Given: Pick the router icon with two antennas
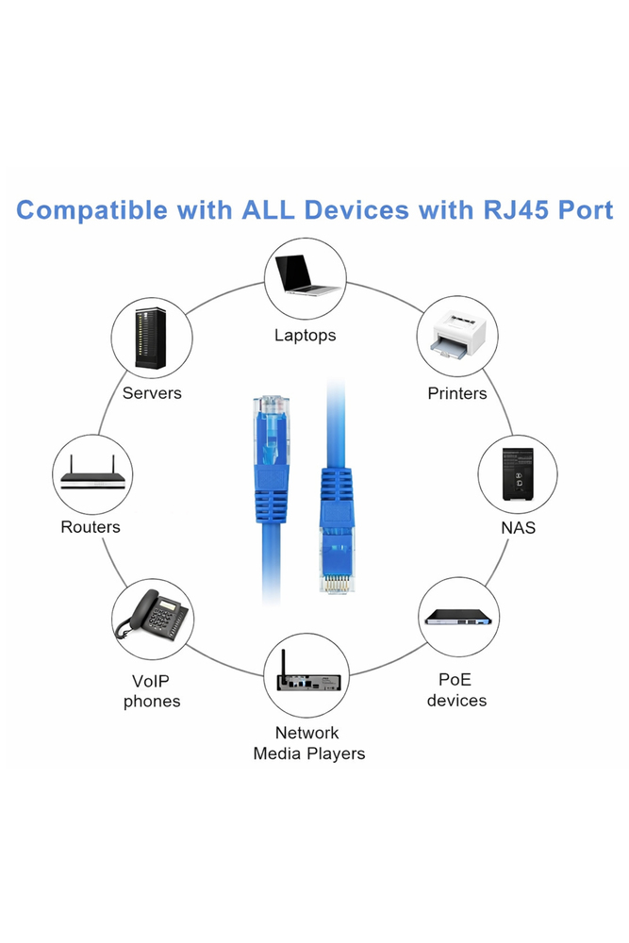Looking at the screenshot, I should coord(91,474).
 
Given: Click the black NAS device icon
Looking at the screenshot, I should coord(518,474).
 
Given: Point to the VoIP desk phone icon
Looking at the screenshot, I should coord(151,619).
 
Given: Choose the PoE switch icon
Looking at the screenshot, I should coord(458,618).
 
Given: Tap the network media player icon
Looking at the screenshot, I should coord(306,680).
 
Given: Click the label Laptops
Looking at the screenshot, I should coord(306,335).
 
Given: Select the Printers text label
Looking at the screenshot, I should coord(457,393).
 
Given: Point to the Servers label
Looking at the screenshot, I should coord(152,393).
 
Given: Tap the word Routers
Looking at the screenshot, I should coord(91,527).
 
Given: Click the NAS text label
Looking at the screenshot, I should coord(518,528).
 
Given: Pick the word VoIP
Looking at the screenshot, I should coord(151,681).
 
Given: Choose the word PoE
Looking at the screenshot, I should coord(456,679).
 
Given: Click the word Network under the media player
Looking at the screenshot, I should coord(307,733).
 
